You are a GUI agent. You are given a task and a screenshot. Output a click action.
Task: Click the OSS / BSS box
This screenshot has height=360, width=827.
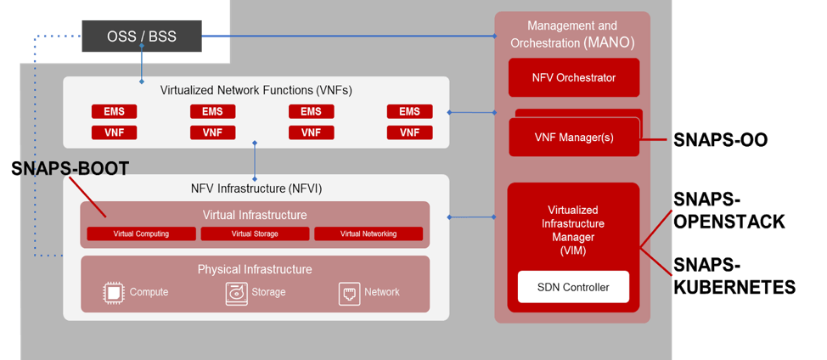point(142,37)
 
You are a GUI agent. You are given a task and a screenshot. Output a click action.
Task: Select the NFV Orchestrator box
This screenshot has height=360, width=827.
point(573,78)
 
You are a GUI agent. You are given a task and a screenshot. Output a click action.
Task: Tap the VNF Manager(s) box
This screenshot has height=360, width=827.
point(573,137)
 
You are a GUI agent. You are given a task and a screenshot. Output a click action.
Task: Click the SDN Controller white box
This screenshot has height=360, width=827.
point(573,287)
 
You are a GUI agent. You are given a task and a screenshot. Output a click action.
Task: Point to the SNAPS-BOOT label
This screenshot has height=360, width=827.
point(71,169)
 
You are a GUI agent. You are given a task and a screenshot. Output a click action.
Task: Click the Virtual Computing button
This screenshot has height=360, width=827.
point(141,233)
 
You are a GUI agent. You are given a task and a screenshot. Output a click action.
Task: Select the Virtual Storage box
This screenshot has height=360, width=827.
point(255,233)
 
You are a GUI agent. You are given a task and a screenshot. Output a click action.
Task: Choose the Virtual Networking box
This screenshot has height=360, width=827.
point(368,233)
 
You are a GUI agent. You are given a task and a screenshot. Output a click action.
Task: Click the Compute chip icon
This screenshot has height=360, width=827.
point(113,292)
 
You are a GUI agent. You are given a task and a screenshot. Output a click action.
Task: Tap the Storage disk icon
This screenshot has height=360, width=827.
point(236,292)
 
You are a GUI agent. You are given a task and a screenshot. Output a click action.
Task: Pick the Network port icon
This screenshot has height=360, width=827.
point(349,292)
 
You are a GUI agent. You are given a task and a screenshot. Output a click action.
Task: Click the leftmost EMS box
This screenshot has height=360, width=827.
point(114,112)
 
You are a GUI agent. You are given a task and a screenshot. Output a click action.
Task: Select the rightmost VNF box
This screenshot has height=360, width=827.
point(409,132)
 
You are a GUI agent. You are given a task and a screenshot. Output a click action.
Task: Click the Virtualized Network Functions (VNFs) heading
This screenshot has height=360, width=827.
point(256,90)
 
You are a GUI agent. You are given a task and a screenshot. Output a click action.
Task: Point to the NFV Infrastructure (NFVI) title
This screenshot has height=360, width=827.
point(256,188)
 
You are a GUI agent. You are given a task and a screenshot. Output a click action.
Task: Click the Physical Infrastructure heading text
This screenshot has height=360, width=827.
point(255,269)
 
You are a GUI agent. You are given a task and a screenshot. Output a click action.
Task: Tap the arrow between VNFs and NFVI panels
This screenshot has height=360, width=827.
point(255,160)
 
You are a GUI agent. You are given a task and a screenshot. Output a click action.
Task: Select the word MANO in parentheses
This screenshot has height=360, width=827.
point(609,42)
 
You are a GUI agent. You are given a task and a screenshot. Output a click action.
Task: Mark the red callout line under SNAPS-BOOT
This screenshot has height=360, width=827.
point(87,199)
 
